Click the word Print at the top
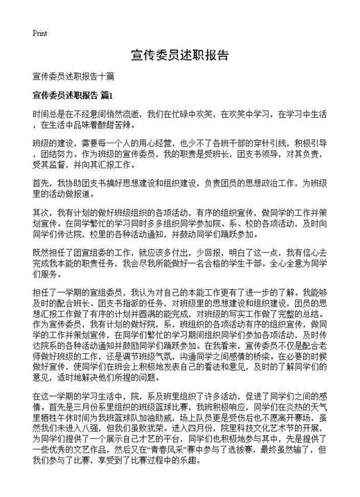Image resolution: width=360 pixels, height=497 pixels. [x=39, y=32]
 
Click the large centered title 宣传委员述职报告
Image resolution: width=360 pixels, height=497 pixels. [x=179, y=55]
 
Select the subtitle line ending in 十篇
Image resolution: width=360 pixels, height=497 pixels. [x=73, y=75]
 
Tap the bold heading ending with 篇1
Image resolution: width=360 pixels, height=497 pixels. [x=72, y=94]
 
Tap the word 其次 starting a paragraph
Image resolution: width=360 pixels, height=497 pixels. [x=41, y=213]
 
